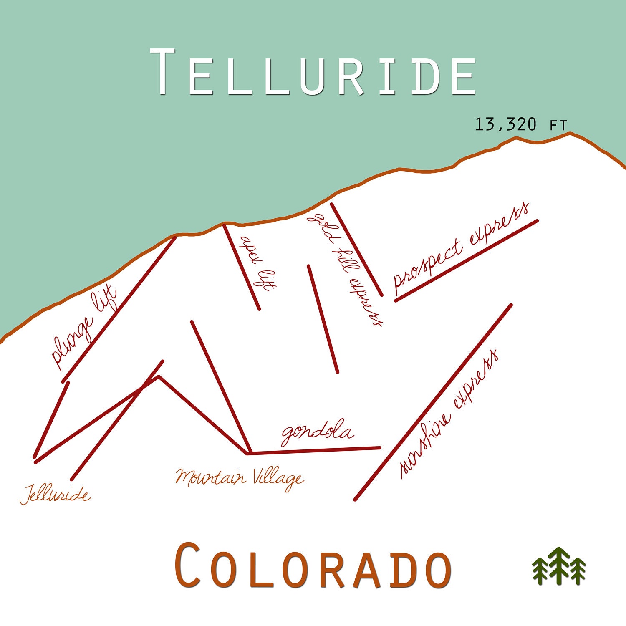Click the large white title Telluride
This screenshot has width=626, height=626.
[313, 72]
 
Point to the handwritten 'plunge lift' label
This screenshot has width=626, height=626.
[83, 328]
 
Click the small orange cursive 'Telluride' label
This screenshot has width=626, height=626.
[55, 495]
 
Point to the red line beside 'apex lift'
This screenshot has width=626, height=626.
[241, 267]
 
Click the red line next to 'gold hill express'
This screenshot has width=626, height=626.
[356, 249]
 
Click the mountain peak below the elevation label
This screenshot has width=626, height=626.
[570, 134]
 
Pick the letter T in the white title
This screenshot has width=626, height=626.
[163, 72]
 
